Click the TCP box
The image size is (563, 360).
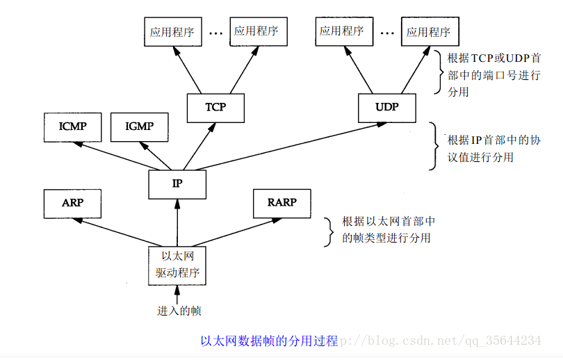[x=216, y=108]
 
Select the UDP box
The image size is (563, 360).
[x=386, y=108]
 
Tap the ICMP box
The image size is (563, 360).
[x=72, y=126]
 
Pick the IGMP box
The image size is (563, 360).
[x=139, y=126]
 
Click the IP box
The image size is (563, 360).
[x=177, y=184]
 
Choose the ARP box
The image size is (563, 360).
[x=72, y=203]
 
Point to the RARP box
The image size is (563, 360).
[x=281, y=203]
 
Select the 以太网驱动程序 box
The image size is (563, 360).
[x=178, y=265]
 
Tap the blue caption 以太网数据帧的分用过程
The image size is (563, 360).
[x=268, y=341]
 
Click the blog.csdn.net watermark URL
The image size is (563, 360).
[x=445, y=341]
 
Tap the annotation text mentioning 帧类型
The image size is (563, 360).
[x=389, y=230]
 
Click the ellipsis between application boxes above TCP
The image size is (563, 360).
[x=215, y=33]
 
